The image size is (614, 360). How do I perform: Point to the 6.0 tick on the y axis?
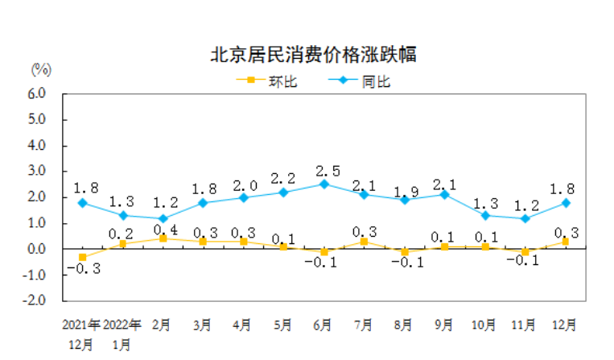click(x=38, y=93)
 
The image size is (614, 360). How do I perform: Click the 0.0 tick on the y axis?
click(x=38, y=249)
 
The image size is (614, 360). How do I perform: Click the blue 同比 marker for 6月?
click(x=323, y=184)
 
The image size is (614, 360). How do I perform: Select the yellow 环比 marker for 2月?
click(x=163, y=238)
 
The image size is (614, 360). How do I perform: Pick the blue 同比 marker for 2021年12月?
click(x=82, y=202)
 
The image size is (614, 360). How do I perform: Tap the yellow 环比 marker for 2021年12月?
click(x=82, y=257)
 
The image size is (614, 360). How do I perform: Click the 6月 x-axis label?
click(x=323, y=325)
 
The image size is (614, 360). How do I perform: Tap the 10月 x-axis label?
click(x=484, y=325)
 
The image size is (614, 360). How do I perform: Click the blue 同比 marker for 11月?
click(x=525, y=218)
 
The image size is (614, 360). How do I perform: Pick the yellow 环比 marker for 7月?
click(x=364, y=241)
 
